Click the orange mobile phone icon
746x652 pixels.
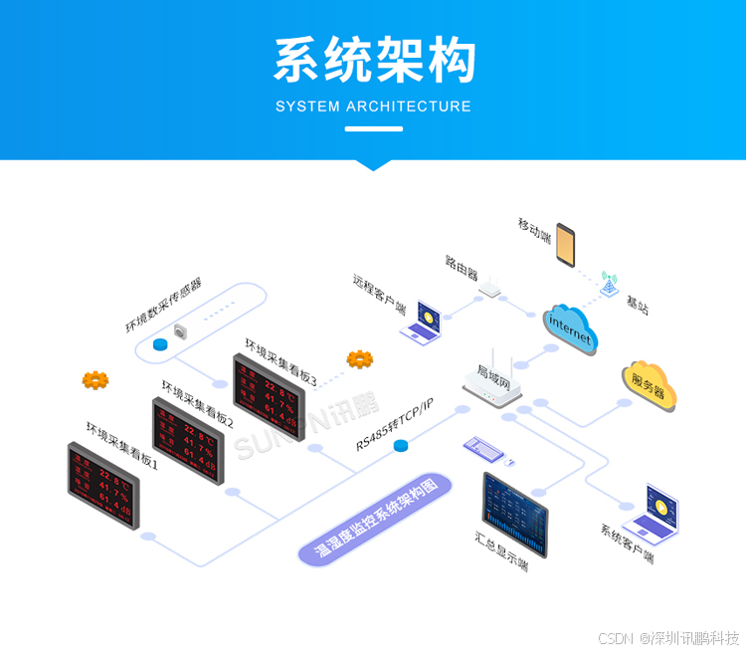pyautogui.click(x=566, y=246)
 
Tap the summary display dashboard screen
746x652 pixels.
pyautogui.click(x=514, y=515)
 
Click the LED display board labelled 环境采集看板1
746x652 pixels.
pyautogui.click(x=102, y=485)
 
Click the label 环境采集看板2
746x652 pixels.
pyautogui.click(x=198, y=403)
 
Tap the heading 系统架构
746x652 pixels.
pyautogui.click(x=374, y=62)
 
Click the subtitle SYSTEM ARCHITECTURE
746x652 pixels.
pyautogui.click(x=373, y=107)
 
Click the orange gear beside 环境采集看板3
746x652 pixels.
pyautogui.click(x=359, y=358)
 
